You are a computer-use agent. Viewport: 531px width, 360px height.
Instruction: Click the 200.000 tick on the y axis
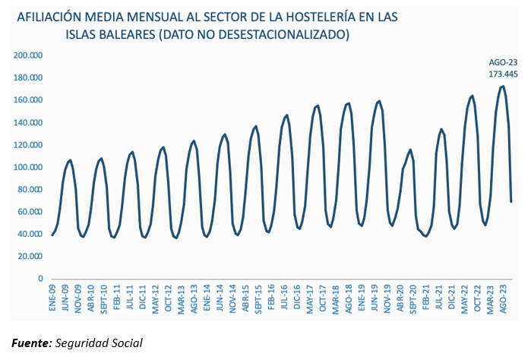[x=27, y=55]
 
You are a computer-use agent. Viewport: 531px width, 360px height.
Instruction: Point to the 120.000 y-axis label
[x=27, y=145]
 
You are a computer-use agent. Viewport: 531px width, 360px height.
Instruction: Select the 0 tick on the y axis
[x=40, y=279]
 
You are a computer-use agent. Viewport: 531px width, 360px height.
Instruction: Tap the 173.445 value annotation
[x=502, y=74]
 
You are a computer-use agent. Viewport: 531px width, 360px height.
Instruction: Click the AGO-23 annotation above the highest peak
[x=502, y=63]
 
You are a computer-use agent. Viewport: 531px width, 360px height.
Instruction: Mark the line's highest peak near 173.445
[x=503, y=86]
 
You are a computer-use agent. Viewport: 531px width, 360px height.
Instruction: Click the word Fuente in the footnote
[x=30, y=343]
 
